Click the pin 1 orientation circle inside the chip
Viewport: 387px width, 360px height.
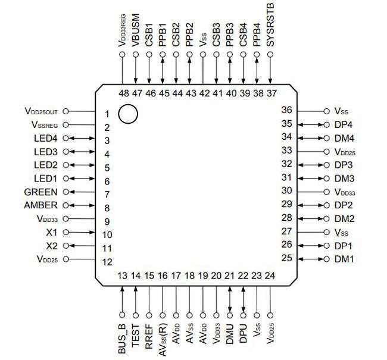127,114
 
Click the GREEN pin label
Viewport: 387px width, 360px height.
41,192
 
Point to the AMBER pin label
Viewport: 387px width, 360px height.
41,205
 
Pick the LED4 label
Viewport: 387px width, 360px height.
46,138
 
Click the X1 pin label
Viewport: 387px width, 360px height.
52,232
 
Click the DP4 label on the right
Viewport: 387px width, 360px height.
344,124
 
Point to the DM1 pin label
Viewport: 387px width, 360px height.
344,259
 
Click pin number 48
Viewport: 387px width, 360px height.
123,93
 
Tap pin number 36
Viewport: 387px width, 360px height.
286,110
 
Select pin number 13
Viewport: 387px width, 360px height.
123,276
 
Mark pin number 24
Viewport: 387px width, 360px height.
270,276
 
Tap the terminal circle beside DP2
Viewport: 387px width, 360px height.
326,205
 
